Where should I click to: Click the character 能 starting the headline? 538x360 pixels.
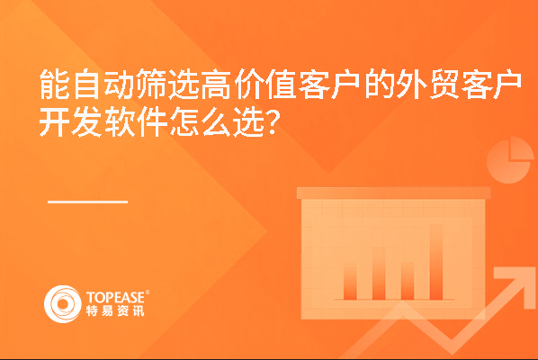(x=54, y=84)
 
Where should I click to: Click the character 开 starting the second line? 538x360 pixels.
(x=54, y=121)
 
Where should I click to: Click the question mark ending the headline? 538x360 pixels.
(x=272, y=122)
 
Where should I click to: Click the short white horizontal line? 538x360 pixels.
(x=87, y=202)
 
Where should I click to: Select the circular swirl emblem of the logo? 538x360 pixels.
(x=63, y=304)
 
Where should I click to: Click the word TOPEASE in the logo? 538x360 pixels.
(x=116, y=298)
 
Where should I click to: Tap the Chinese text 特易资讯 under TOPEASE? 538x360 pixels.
(x=115, y=310)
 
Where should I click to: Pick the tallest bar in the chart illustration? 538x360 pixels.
(x=436, y=262)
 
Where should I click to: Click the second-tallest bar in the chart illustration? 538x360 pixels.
(x=379, y=274)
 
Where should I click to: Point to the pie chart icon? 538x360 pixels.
(x=510, y=160)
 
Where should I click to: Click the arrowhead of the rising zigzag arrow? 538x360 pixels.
(x=514, y=284)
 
